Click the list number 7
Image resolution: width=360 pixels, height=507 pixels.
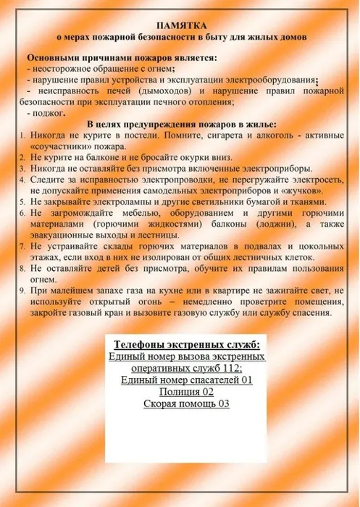(x=23, y=246)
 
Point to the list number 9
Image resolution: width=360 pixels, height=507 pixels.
(x=23, y=291)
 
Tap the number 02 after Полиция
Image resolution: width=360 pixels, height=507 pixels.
(x=204, y=391)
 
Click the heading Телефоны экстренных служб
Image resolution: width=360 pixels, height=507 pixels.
(x=186, y=343)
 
